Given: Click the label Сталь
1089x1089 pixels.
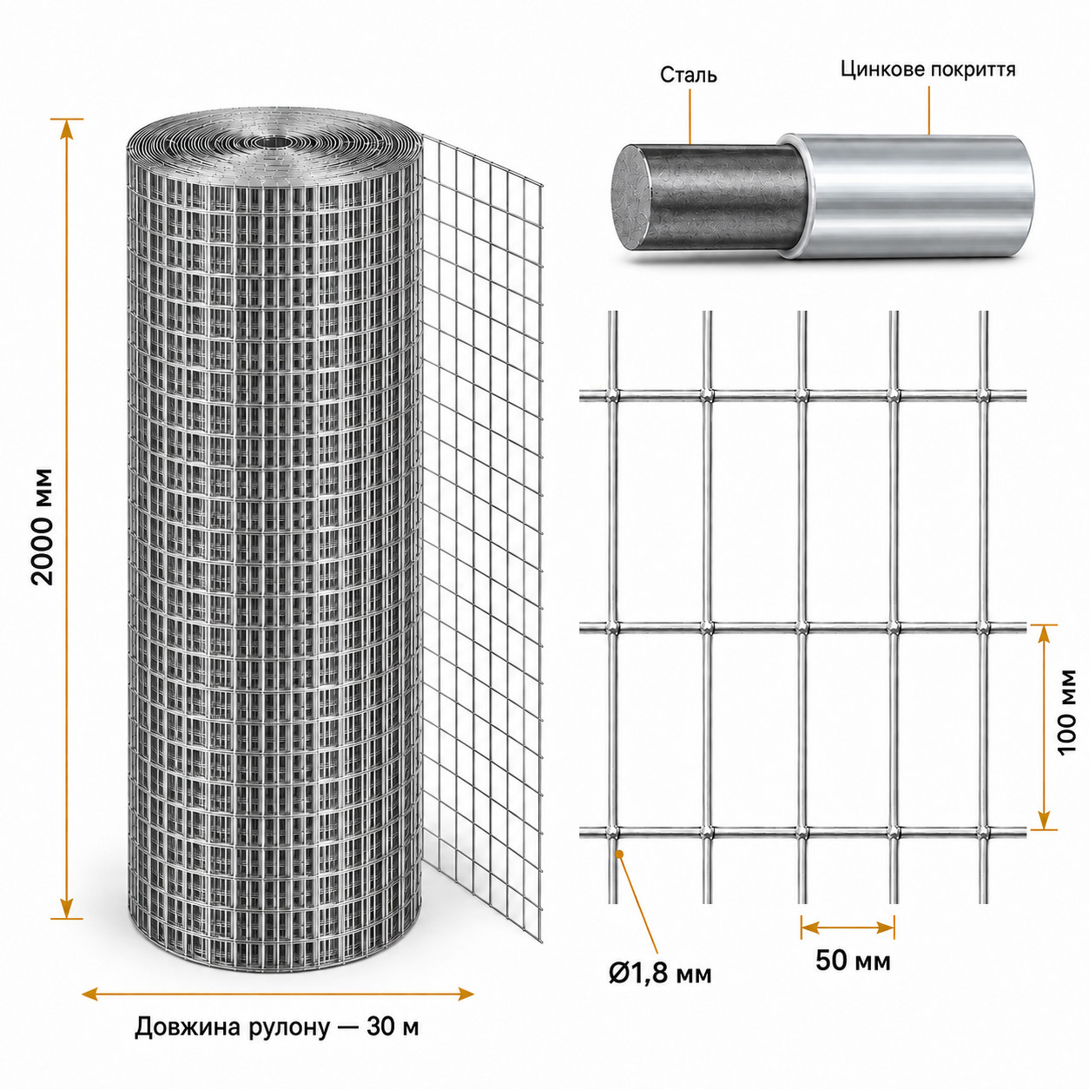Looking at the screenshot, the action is (688, 75).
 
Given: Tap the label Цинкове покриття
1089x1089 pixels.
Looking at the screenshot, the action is (928, 69).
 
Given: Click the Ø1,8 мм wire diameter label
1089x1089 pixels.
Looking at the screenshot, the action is (660, 973).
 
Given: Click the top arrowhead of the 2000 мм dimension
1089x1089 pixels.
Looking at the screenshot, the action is (67, 129).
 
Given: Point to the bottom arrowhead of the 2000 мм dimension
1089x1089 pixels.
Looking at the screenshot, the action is (67, 908).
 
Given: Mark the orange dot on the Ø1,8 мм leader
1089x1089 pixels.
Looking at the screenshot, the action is (620, 854).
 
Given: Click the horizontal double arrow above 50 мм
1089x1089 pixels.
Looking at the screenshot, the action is (847, 927).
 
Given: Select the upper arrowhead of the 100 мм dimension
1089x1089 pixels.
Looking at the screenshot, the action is (1044, 636).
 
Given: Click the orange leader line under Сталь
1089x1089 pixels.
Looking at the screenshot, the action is (690, 115).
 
